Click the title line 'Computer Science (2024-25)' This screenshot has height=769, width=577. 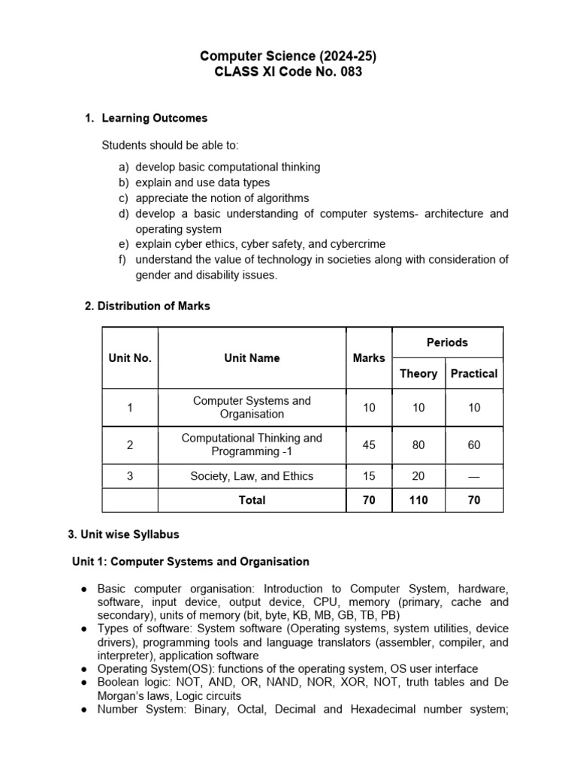click(288, 56)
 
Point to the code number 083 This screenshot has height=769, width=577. click(349, 72)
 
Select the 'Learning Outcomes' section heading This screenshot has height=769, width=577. click(154, 118)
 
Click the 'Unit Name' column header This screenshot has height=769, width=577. click(252, 358)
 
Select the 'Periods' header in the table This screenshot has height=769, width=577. click(447, 342)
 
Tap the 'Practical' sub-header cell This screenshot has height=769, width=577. click(474, 373)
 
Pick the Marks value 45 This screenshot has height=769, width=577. click(369, 445)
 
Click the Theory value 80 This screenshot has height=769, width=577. click(418, 445)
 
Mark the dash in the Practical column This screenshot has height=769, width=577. click(474, 476)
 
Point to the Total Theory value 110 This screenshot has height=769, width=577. click(418, 500)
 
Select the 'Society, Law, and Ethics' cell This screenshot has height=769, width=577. click(252, 476)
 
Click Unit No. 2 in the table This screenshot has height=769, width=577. click(130, 445)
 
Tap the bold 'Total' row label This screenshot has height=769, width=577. click(252, 500)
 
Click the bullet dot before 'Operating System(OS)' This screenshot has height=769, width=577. click(86, 669)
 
